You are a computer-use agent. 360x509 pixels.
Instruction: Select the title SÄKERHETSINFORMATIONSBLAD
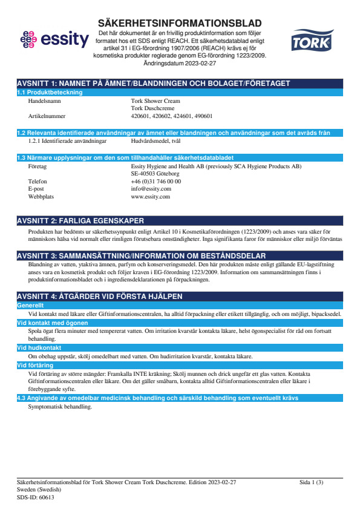point(180,23)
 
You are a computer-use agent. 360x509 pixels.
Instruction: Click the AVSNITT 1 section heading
point(153,83)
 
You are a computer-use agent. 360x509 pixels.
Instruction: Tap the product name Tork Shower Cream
point(155,101)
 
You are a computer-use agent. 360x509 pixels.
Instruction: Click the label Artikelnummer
point(47,116)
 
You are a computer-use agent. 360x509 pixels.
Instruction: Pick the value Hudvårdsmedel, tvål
point(155,140)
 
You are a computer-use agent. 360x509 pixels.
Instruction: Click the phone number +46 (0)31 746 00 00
point(156,181)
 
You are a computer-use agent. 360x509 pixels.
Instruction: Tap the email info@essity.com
point(151,189)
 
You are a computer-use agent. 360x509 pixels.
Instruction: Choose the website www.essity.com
point(150,197)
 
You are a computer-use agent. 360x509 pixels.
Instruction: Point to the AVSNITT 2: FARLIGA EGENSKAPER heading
point(80,221)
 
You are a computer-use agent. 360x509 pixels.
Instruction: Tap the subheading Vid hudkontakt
point(38,348)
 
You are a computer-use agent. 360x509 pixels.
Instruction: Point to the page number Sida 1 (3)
point(312,482)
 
